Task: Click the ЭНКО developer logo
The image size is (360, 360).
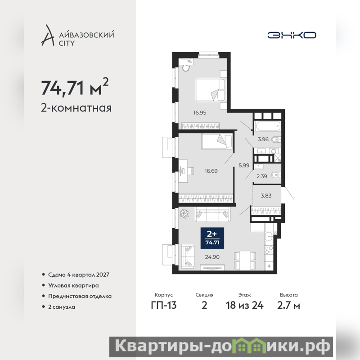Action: coord(292,35)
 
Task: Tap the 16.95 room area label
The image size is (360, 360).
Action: coord(200,113)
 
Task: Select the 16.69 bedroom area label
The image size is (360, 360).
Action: coord(211,171)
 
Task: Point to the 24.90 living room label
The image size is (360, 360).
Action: coord(212,257)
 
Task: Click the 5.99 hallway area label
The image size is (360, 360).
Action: coord(244,165)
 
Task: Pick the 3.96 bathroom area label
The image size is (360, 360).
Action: coord(263,139)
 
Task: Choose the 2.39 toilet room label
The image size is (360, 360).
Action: coord(262,176)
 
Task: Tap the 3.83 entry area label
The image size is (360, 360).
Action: coord(266,196)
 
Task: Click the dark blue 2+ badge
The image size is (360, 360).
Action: coord(212,238)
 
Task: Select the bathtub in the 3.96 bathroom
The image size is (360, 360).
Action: coord(268,126)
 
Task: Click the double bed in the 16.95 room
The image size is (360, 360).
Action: coord(210,90)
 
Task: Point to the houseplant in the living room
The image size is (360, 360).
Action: coord(184,213)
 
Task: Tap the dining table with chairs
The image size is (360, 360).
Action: coord(245,261)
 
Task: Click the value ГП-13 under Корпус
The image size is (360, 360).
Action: coord(164,306)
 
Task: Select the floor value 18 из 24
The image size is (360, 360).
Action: coord(245,306)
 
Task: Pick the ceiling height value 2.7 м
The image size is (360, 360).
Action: coord(288,306)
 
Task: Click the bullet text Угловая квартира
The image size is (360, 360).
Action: coord(73,285)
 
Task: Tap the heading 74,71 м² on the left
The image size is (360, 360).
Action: coord(75,87)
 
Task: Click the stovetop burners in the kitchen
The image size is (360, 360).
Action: coord(269,250)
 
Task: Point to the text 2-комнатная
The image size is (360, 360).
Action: coord(76,108)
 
